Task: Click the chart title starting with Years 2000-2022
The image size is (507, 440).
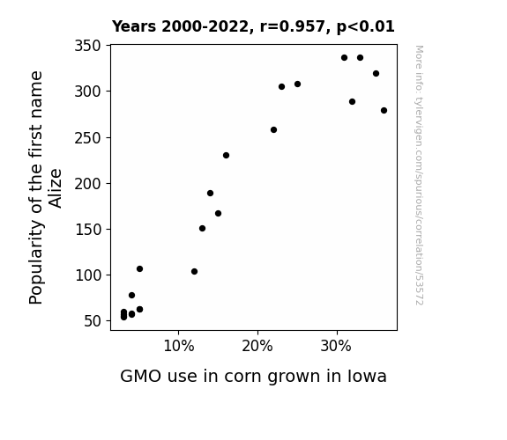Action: [253, 26]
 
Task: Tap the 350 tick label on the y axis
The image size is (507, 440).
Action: [87, 46]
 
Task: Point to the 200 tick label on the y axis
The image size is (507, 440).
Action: [87, 184]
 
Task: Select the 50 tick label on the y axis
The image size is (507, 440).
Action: [93, 321]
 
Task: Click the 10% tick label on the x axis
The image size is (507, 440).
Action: [179, 347]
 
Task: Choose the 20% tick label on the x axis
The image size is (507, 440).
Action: [257, 347]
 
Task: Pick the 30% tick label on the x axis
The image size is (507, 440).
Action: [336, 347]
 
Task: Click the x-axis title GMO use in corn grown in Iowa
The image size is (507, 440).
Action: [253, 376]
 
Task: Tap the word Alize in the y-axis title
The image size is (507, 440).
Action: [55, 188]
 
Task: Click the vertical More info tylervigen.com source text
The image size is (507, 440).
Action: [419, 175]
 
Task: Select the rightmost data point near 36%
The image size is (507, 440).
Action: [384, 110]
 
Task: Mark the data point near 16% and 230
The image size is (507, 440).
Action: [226, 155]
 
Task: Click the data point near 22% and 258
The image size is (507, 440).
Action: [273, 129]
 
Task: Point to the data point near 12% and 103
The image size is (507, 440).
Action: [194, 272]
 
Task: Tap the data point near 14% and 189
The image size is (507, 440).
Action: [210, 193]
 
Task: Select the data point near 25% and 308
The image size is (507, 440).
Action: [297, 84]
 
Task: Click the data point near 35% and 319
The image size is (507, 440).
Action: [376, 74]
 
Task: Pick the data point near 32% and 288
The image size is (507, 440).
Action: [352, 102]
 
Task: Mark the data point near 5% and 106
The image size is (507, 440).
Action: [139, 269]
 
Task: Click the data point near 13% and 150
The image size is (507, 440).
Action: [203, 229]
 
